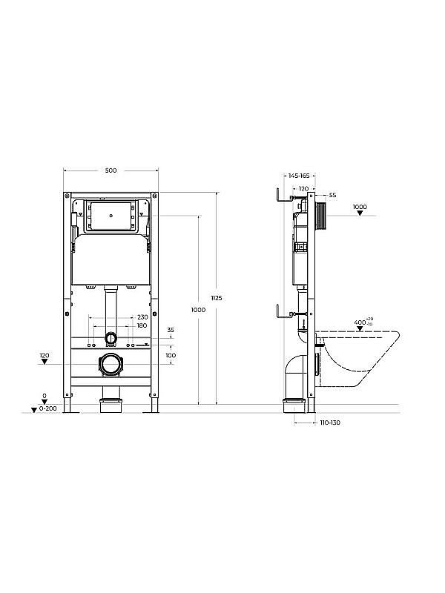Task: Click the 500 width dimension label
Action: pyautogui.click(x=111, y=170)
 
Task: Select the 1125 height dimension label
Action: pyautogui.click(x=217, y=297)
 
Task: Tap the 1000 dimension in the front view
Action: pyautogui.click(x=197, y=309)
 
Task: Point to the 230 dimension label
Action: pyautogui.click(x=141, y=318)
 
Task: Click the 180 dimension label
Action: pyautogui.click(x=141, y=325)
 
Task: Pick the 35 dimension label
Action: pyautogui.click(x=171, y=330)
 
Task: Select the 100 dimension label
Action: pyautogui.click(x=171, y=356)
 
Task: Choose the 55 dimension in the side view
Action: pyautogui.click(x=332, y=195)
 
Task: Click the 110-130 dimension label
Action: pyautogui.click(x=329, y=423)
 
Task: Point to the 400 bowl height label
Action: pyautogui.click(x=363, y=322)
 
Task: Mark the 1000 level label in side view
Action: pyautogui.click(x=360, y=207)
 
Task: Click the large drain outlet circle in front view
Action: pyautogui.click(x=111, y=364)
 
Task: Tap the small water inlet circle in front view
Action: pyautogui.click(x=111, y=338)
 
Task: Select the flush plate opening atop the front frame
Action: pyautogui.click(x=111, y=216)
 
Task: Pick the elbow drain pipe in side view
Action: pyautogui.click(x=295, y=374)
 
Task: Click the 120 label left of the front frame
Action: pyautogui.click(x=44, y=357)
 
